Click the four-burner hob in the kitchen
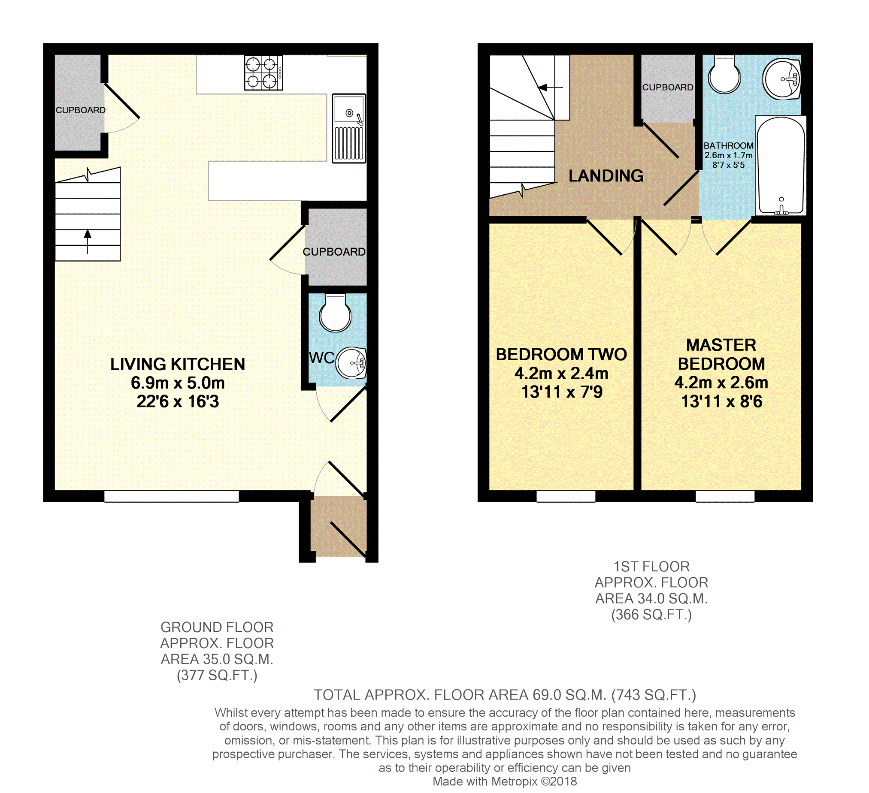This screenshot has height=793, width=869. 263,72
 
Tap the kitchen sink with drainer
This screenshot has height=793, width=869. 349,128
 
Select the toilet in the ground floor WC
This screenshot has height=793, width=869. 335,313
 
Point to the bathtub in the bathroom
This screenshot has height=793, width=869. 781,166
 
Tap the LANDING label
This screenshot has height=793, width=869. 606,176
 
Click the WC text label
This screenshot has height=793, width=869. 321,358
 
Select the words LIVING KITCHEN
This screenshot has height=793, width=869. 178,365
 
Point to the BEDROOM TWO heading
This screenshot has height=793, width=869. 561,355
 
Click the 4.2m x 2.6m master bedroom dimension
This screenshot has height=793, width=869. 721,383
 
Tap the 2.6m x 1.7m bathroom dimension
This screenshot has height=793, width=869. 729,155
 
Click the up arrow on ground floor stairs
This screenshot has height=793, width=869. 88,241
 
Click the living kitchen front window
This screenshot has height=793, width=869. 172,496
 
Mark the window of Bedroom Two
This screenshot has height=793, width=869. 566,496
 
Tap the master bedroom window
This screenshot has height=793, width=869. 725,496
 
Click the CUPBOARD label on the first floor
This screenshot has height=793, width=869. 668,87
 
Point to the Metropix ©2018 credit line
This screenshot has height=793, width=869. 504,781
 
